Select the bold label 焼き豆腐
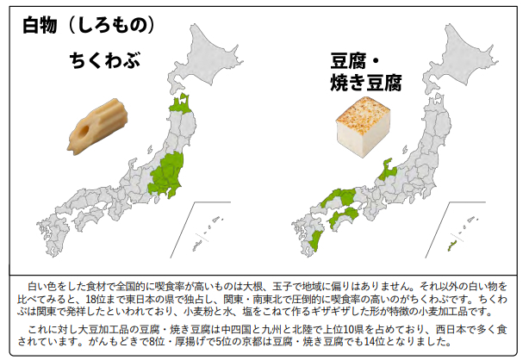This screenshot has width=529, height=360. (x=366, y=83)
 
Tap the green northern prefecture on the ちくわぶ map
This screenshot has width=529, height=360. (x=180, y=105)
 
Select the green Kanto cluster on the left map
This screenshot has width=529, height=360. (x=169, y=177)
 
